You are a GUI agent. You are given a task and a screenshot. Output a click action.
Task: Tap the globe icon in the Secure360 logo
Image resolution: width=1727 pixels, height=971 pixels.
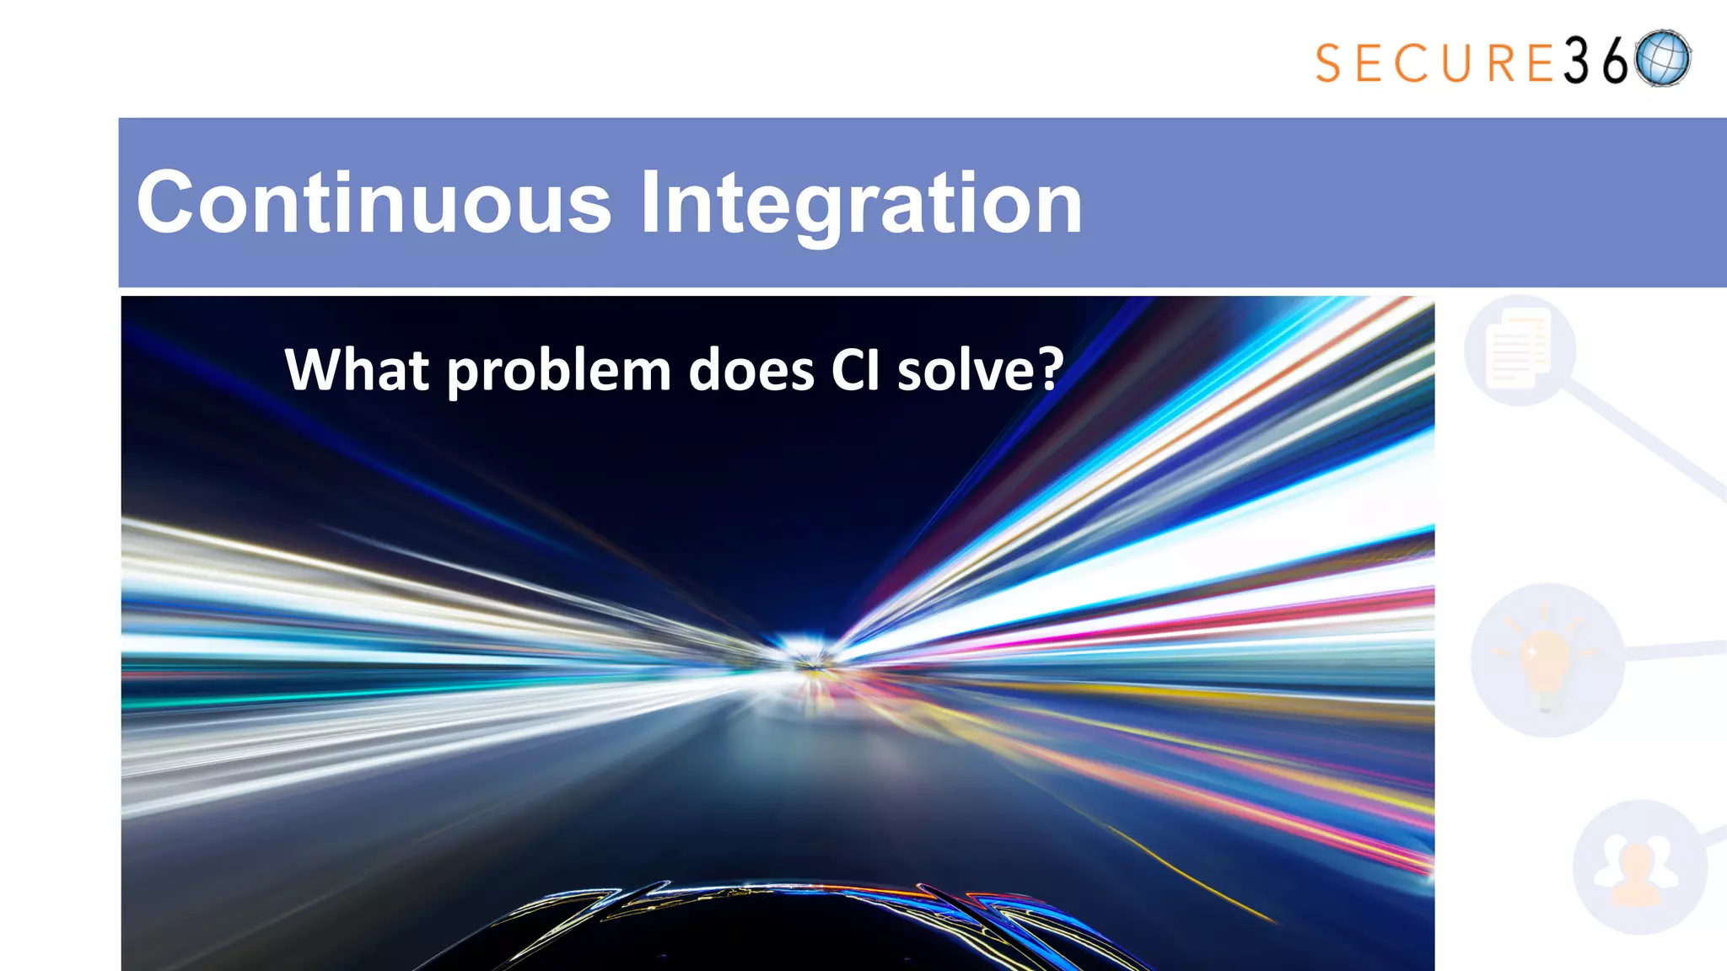click(1662, 59)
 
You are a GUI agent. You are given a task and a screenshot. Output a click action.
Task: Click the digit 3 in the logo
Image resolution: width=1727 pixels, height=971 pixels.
click(1576, 62)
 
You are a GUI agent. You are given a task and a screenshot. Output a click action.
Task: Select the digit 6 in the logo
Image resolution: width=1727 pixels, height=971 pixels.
click(1614, 62)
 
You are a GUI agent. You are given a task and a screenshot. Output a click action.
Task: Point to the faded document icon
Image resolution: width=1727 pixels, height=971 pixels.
click(1519, 349)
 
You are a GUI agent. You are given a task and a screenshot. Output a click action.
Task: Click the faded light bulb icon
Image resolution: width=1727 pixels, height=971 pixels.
click(1546, 659)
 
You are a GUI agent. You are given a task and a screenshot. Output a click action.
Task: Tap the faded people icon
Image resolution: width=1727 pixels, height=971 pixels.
click(1638, 868)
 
